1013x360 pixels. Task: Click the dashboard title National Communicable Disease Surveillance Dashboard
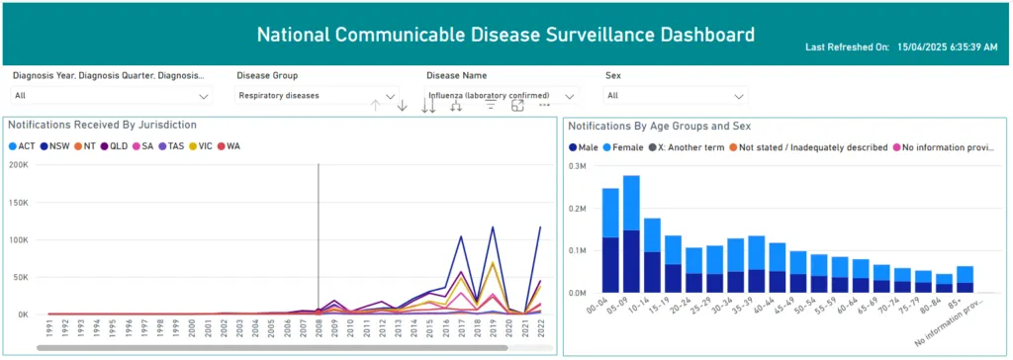point(506,34)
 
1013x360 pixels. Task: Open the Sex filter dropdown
point(675,96)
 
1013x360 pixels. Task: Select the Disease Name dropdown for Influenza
point(501,96)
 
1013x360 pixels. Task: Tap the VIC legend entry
point(204,145)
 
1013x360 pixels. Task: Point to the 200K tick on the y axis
point(18,164)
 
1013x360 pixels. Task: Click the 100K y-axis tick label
point(18,240)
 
